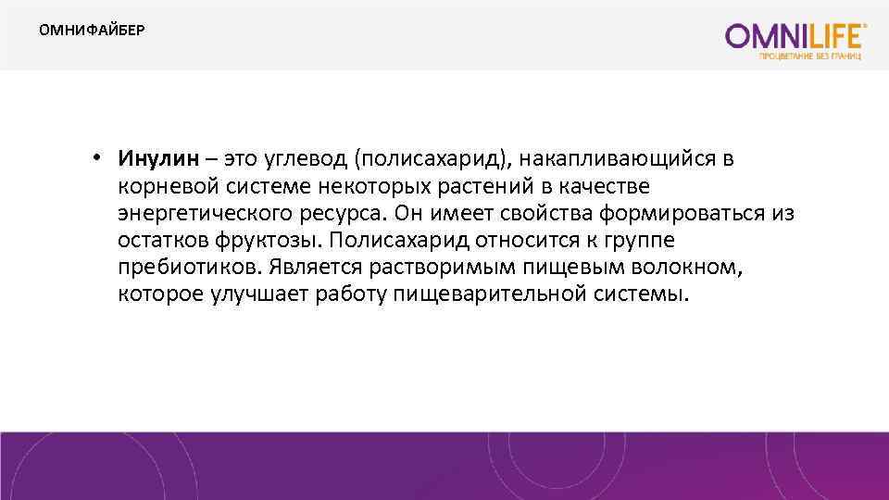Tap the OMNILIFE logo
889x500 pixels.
tap(796, 36)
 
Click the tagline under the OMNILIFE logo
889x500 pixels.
tap(810, 56)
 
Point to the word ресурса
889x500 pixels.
tap(345, 214)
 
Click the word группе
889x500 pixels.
tap(648, 241)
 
